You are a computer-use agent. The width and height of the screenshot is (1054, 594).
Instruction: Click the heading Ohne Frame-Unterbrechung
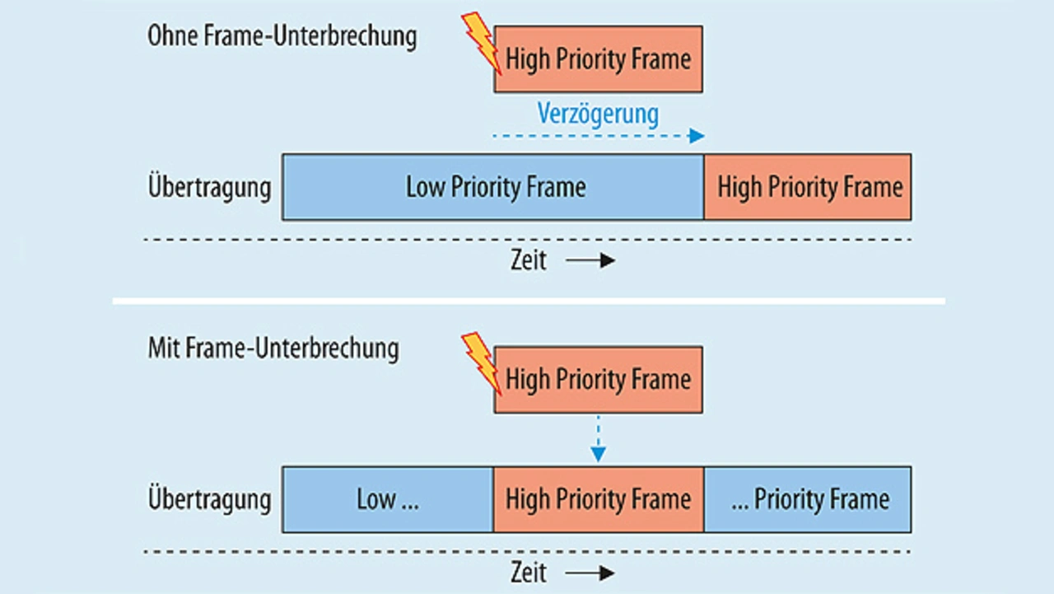click(x=282, y=37)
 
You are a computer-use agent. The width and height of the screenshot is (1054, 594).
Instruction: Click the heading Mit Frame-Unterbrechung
click(x=273, y=348)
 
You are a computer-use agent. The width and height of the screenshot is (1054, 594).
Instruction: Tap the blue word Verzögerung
click(x=598, y=115)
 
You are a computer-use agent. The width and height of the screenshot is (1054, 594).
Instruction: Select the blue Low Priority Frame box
click(x=493, y=187)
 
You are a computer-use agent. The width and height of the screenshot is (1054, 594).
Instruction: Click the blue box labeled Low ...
click(x=388, y=499)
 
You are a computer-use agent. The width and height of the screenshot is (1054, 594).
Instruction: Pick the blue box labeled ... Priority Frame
click(x=808, y=499)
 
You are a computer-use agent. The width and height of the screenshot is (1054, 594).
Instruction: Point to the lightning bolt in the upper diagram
click(x=481, y=44)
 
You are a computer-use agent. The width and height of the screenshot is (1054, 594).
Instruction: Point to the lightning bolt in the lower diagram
click(x=481, y=364)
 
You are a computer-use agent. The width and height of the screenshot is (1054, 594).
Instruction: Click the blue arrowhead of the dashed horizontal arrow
click(x=697, y=136)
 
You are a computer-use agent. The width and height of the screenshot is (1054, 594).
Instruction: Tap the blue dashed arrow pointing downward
click(x=598, y=438)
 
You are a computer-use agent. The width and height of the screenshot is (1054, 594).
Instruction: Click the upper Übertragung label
click(x=209, y=187)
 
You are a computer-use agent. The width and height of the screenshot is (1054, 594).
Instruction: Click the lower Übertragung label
click(x=209, y=499)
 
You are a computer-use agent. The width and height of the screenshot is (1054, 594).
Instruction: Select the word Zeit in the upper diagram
click(x=529, y=260)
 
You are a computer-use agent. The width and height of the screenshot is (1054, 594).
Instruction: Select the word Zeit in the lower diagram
click(x=529, y=573)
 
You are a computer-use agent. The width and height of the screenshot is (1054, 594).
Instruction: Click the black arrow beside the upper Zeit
click(x=590, y=260)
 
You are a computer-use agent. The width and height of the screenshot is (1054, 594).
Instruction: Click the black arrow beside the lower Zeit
click(x=590, y=573)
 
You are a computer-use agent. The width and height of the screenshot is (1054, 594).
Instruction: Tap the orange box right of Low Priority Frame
click(x=808, y=187)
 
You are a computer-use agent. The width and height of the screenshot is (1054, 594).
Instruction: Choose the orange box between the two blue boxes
click(x=599, y=499)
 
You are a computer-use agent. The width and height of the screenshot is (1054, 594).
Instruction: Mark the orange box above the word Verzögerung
click(x=599, y=58)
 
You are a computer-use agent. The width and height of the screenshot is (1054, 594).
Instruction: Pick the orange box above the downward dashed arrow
click(x=599, y=380)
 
